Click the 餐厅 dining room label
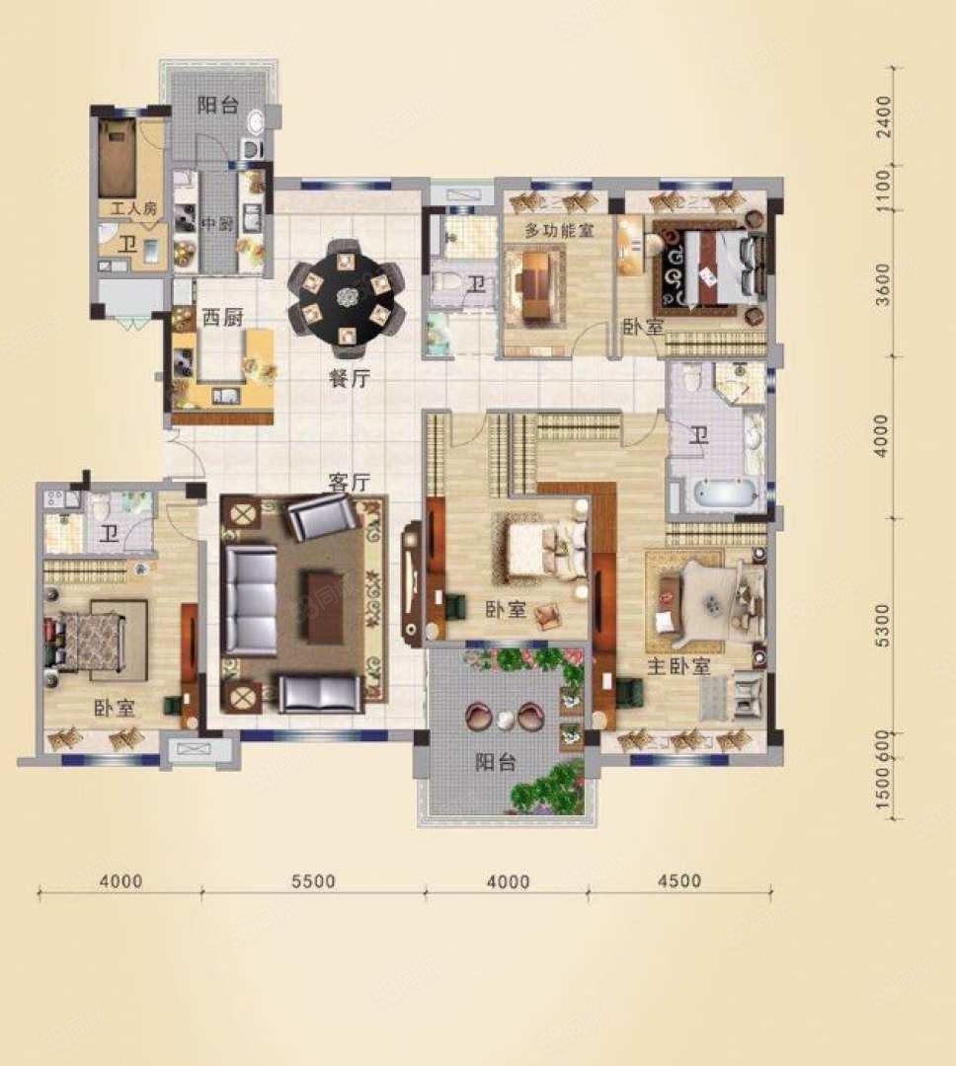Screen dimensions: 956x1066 (x=350, y=379)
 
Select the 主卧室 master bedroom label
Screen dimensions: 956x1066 (x=678, y=667)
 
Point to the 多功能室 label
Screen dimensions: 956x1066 (x=559, y=230)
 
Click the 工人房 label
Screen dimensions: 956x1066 (x=133, y=207)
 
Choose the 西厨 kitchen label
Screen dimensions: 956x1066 (x=222, y=318)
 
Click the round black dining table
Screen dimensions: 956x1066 (x=347, y=297)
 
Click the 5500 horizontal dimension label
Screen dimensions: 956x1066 (x=313, y=881)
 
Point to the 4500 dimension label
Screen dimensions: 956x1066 (x=679, y=880)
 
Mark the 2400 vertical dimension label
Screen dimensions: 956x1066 (x=883, y=116)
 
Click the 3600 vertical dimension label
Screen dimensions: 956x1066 (x=883, y=284)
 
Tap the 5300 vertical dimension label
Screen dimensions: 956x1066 (x=883, y=625)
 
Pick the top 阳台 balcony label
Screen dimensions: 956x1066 (x=217, y=106)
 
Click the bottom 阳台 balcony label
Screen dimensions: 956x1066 (x=495, y=762)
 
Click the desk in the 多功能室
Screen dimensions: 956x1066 (x=537, y=285)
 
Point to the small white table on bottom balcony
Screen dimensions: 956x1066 (x=505, y=719)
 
